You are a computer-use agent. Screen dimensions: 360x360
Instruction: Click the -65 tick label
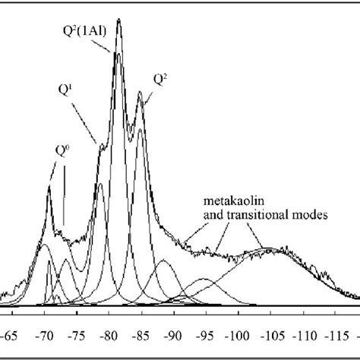12,333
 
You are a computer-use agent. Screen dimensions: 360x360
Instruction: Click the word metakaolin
226,202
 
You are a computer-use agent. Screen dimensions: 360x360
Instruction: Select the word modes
311,215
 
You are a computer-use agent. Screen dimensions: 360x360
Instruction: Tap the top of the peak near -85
141,93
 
